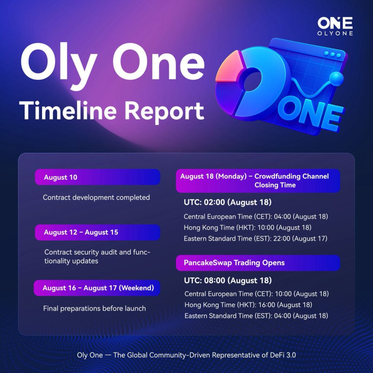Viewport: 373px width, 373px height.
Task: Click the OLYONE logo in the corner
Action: (x=335, y=26)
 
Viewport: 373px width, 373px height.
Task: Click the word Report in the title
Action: (x=164, y=112)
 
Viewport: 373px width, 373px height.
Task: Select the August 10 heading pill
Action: (x=97, y=177)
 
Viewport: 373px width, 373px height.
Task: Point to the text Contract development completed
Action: (x=96, y=197)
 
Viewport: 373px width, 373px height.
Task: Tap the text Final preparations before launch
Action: (x=94, y=308)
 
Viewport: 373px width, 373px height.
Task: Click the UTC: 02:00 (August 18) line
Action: (x=228, y=202)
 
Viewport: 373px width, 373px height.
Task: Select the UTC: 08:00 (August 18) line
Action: (x=228, y=280)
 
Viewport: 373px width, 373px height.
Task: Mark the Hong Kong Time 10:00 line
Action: (x=247, y=227)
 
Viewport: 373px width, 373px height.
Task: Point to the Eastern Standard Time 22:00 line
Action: (x=255, y=238)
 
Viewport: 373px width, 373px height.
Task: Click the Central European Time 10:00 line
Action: (x=256, y=294)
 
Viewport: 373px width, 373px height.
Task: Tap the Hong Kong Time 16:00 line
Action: (x=248, y=305)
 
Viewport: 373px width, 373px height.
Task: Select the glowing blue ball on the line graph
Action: (x=336, y=79)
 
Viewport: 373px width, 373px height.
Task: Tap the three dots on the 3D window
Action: (x=333, y=54)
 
